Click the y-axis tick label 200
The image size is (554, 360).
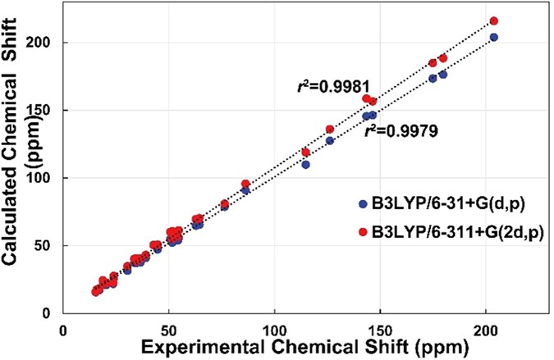click(x=44, y=42)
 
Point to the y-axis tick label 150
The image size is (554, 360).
click(x=44, y=110)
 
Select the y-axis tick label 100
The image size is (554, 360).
click(x=44, y=178)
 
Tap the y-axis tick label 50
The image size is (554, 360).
click(x=48, y=245)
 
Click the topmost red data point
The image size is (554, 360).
click(x=494, y=21)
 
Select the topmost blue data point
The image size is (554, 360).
click(x=494, y=37)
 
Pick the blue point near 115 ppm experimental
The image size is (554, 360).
click(x=305, y=164)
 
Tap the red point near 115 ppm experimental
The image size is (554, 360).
click(x=305, y=152)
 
